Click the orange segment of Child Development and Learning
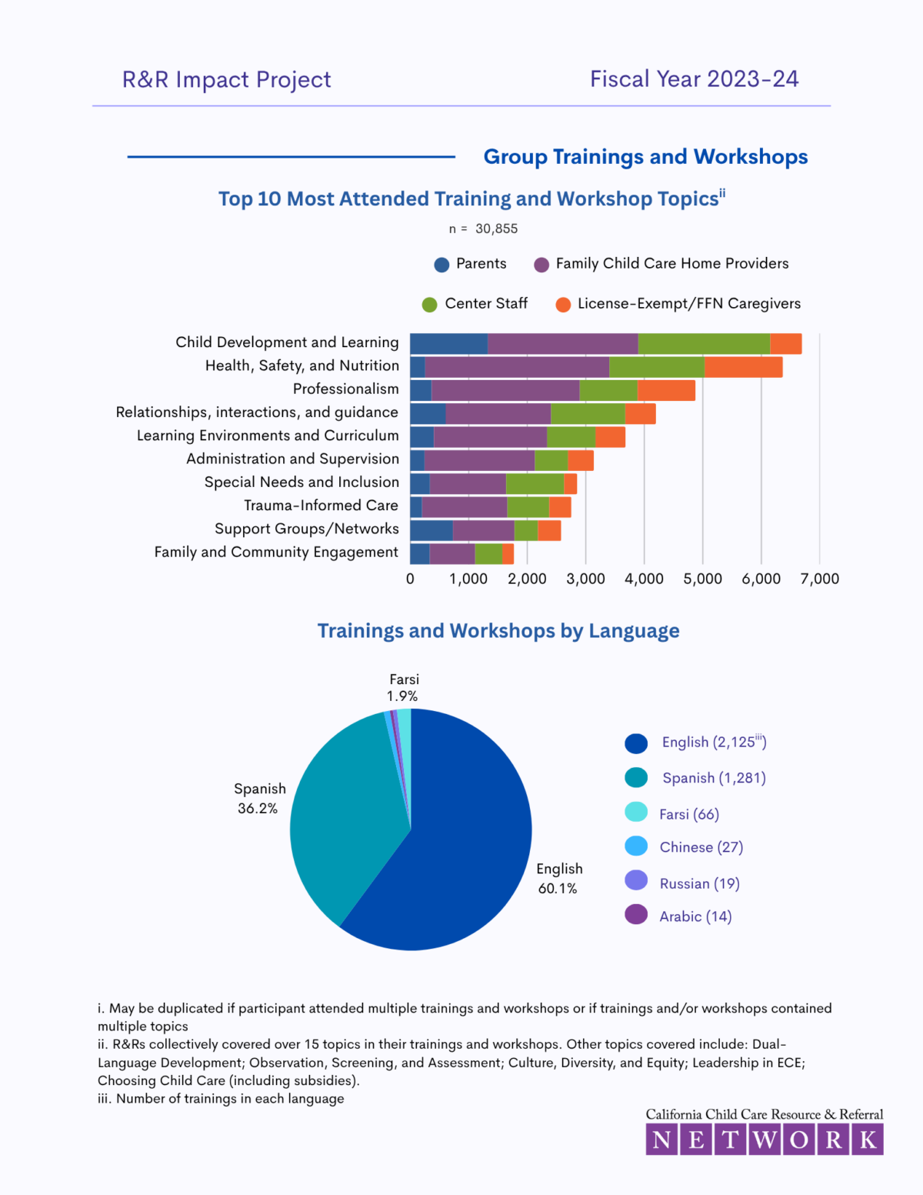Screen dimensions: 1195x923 pyautogui.click(x=785, y=344)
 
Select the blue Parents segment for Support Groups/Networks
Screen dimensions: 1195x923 pyautogui.click(x=431, y=530)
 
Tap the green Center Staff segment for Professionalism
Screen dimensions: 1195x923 pyautogui.click(x=608, y=390)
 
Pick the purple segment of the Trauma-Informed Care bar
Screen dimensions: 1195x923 pyautogui.click(x=464, y=507)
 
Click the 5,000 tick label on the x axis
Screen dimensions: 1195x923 pyautogui.click(x=702, y=579)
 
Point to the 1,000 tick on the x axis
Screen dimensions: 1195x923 pyautogui.click(x=468, y=579)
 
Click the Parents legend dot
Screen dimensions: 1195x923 pyautogui.click(x=442, y=265)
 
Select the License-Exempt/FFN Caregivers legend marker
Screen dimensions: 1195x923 pyautogui.click(x=563, y=305)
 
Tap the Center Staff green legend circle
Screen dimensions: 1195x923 pyautogui.click(x=429, y=305)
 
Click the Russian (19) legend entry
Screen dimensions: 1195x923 pyautogui.click(x=699, y=883)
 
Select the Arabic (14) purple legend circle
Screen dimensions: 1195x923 pyautogui.click(x=636, y=915)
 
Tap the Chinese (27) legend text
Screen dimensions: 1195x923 pyautogui.click(x=701, y=847)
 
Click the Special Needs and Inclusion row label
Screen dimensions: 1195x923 pyautogui.click(x=302, y=482)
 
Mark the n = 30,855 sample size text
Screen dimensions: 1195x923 pyautogui.click(x=483, y=229)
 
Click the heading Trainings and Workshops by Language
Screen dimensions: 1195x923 pyautogui.click(x=498, y=631)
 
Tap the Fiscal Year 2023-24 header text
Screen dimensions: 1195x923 pyautogui.click(x=694, y=79)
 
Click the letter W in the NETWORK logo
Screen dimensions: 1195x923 pyautogui.click(x=765, y=1140)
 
